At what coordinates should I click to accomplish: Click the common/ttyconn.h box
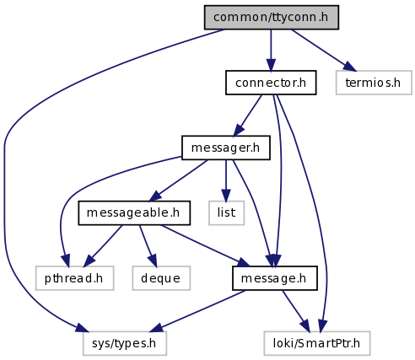[272, 17]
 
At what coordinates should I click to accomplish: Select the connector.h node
[271, 83]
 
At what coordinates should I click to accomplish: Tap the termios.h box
[374, 83]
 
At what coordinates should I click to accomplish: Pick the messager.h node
[226, 148]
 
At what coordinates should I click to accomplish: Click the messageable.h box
[134, 213]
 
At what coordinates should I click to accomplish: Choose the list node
[226, 213]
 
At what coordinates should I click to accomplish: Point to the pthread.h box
[74, 278]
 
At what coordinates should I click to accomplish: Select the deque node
[161, 278]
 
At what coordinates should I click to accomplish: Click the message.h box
[275, 278]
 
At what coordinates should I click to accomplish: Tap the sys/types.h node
[125, 343]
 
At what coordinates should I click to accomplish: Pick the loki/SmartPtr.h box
[317, 343]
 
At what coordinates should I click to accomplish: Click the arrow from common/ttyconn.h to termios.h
[324, 50]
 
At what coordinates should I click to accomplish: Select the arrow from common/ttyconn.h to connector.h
[271, 50]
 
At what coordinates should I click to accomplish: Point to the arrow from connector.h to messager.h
[248, 116]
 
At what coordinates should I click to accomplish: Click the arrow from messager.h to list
[226, 180]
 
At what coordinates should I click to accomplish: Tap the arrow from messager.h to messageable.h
[178, 180]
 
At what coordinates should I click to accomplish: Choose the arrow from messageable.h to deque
[148, 246]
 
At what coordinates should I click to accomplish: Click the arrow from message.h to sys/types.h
[198, 311]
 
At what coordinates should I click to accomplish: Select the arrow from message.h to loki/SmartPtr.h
[296, 311]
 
